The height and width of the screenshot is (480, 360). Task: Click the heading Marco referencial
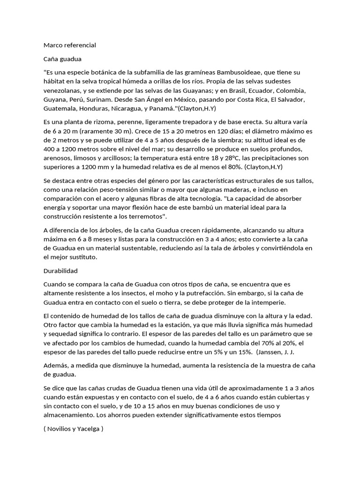(x=69, y=45)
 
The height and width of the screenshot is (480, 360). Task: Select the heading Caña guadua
(x=62, y=59)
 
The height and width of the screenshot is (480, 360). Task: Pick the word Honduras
(x=93, y=108)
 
